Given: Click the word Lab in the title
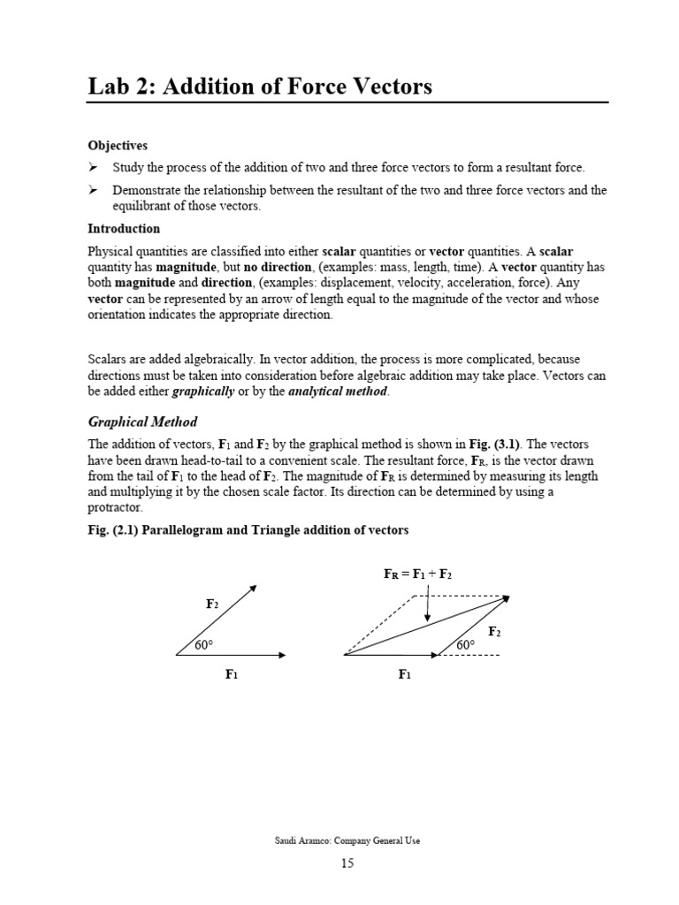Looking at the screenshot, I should tap(111, 86).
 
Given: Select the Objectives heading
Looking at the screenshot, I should tap(117, 145).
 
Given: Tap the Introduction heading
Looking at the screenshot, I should tap(123, 229).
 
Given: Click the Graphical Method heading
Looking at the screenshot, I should tap(142, 422).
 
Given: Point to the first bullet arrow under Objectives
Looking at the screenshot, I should tap(93, 168).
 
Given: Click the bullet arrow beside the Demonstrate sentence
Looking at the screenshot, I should tap(93, 190).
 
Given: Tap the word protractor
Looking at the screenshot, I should tap(114, 508).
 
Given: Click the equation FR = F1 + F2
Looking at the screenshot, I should tap(417, 574).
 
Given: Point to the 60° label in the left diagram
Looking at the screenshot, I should tap(204, 646).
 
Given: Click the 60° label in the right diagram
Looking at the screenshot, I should tap(466, 646).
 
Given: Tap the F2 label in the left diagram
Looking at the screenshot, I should tap(212, 604).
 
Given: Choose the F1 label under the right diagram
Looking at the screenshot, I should tap(404, 675).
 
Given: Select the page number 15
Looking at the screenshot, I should tap(347, 863).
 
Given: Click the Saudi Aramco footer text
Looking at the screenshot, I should tap(347, 840).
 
